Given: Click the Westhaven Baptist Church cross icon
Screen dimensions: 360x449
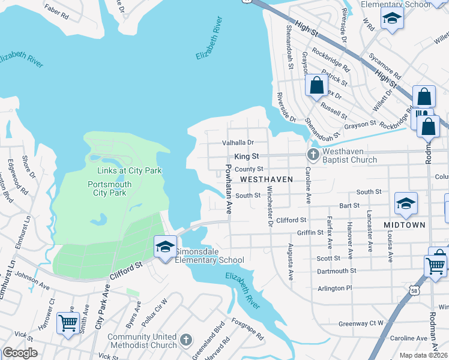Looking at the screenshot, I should point(312,155).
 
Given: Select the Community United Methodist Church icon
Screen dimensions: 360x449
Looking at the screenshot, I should point(187,340).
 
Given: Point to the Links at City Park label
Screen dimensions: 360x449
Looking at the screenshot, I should point(130,171).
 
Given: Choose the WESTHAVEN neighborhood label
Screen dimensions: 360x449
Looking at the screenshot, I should point(267,179).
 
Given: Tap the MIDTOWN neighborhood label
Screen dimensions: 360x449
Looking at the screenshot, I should point(405,225).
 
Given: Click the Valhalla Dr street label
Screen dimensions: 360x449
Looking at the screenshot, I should point(239,143).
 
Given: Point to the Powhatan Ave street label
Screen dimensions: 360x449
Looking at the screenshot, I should point(229,189).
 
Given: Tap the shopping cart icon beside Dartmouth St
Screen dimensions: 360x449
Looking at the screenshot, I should point(436,265).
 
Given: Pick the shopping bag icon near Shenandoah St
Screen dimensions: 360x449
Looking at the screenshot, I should point(316,86).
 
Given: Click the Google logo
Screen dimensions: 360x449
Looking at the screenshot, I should point(20,353).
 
